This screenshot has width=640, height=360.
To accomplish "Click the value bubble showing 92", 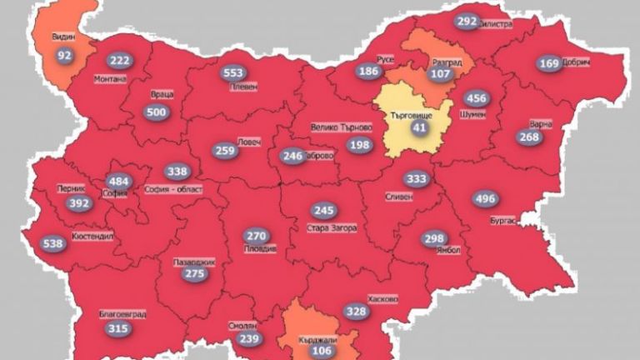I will [64, 56].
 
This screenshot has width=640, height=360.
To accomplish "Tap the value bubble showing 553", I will [233, 72].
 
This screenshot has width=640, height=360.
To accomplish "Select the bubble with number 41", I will [418, 127].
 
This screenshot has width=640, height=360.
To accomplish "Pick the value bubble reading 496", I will [484, 198].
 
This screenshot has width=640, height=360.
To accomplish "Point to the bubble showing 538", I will [52, 244].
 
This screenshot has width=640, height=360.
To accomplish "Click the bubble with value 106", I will [321, 350].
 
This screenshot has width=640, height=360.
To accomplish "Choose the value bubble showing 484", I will [118, 181].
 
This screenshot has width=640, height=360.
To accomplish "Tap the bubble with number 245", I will [323, 211].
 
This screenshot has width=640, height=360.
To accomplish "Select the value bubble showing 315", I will [118, 328].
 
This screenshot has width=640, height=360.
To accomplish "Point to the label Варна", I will [540, 124].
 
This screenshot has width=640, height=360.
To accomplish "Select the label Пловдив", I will [257, 249].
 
